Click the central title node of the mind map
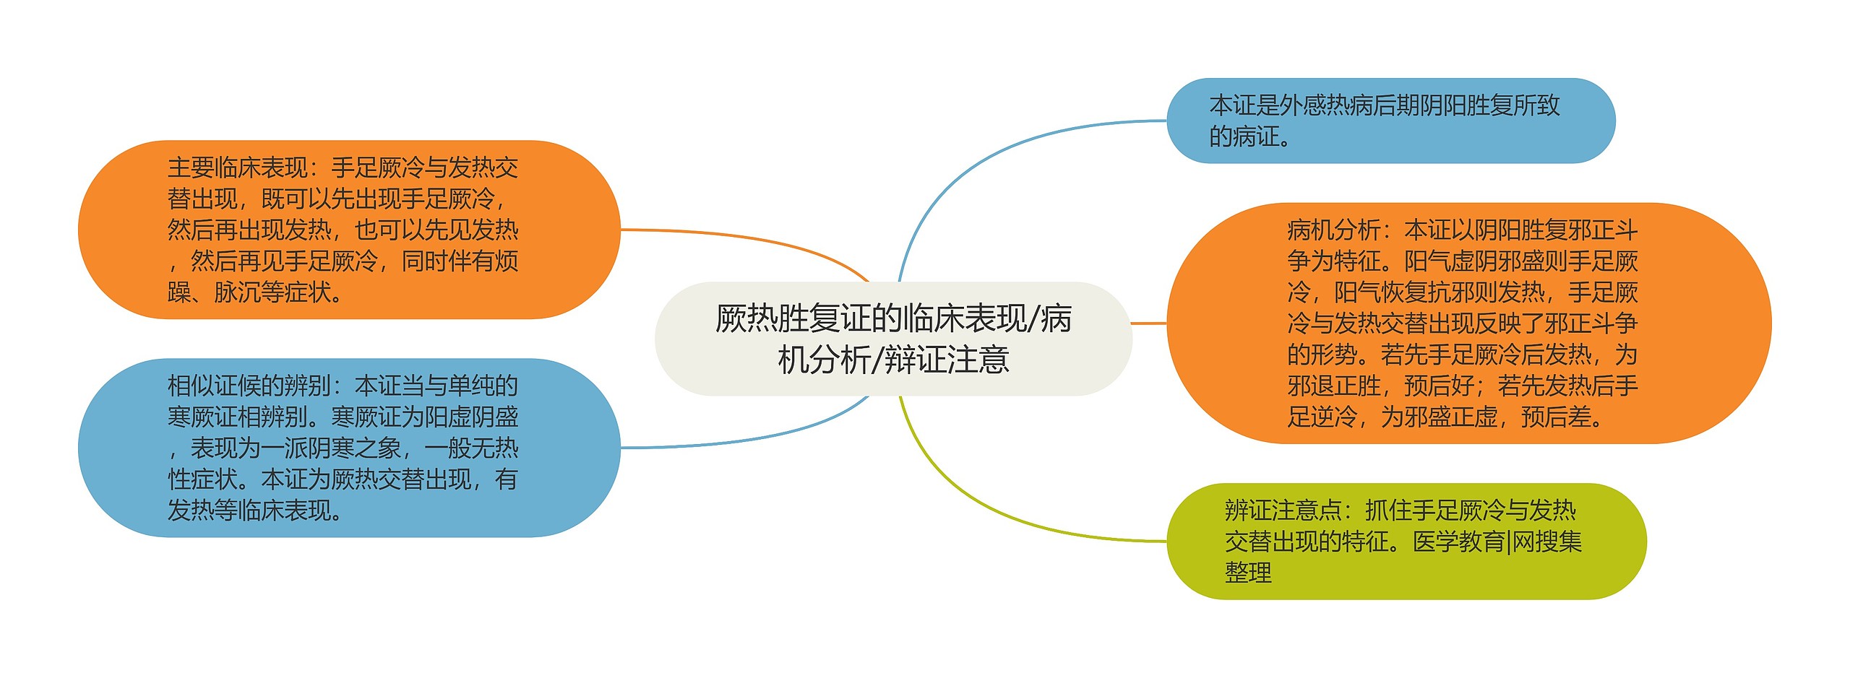click(892, 339)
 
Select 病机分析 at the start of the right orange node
click(1333, 230)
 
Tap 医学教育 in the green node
click(1458, 542)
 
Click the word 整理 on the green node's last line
click(1248, 573)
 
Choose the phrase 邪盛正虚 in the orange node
click(1450, 417)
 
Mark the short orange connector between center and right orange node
click(1148, 323)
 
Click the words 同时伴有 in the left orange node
click(448, 261)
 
